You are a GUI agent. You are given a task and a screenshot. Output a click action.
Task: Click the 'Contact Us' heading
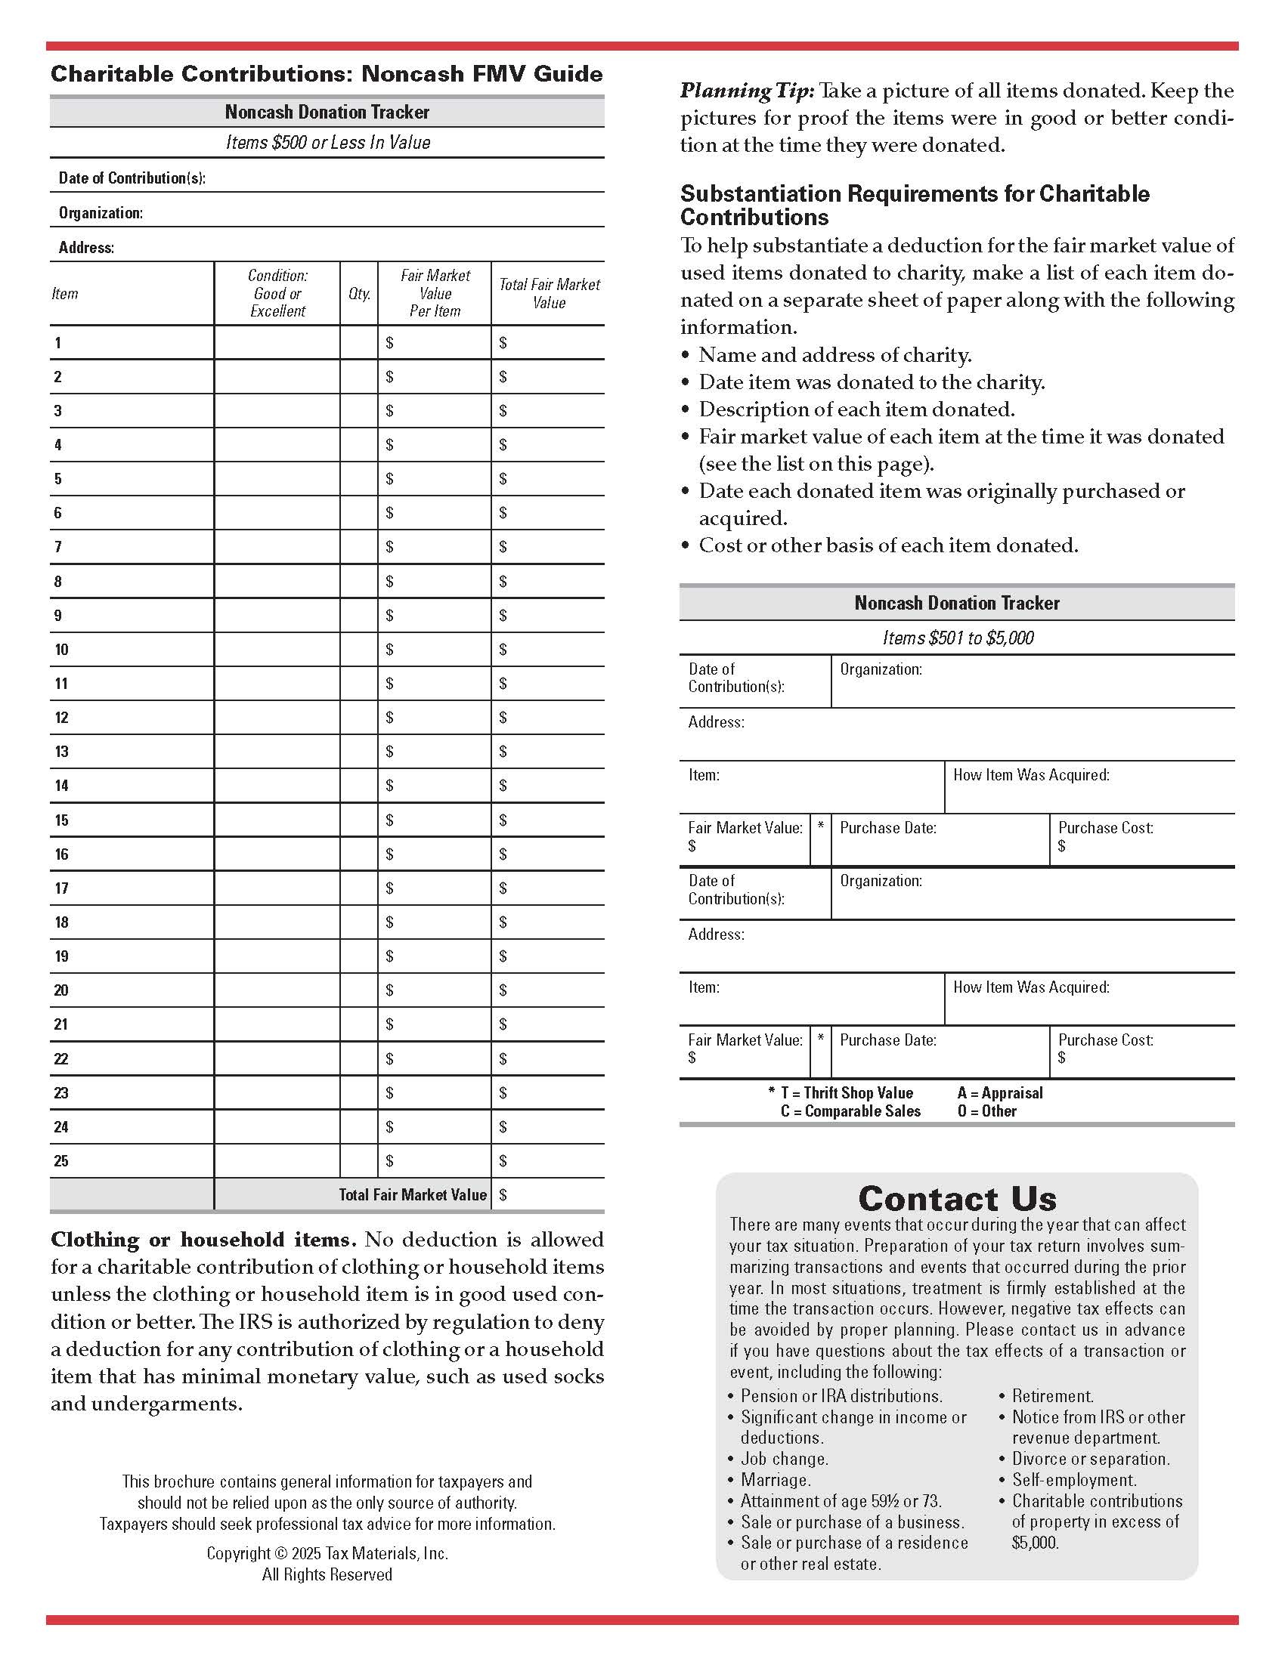click(957, 1199)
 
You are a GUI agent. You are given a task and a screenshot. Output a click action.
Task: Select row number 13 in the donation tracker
click(62, 752)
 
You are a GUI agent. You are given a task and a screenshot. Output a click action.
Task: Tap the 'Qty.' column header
click(359, 294)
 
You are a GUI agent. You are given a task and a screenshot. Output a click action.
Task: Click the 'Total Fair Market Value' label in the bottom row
click(412, 1195)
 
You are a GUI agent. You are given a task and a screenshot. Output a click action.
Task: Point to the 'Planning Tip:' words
click(747, 91)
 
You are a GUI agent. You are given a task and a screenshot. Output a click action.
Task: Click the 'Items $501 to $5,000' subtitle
click(958, 638)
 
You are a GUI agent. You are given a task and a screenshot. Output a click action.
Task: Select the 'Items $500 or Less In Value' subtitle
click(328, 143)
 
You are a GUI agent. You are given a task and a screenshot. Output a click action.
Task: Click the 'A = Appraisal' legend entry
click(999, 1093)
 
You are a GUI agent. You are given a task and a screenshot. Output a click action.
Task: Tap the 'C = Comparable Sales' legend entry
click(850, 1111)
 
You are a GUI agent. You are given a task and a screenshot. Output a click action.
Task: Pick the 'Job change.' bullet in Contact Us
click(784, 1459)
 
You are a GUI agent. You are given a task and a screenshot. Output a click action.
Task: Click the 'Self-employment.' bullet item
click(1073, 1480)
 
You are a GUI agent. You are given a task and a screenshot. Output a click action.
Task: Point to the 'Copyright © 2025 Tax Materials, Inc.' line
click(327, 1553)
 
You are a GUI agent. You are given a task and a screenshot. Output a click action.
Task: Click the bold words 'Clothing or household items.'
click(203, 1240)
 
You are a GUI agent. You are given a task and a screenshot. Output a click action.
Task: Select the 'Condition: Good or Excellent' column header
click(278, 294)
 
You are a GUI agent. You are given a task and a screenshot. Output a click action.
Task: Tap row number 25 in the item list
click(62, 1161)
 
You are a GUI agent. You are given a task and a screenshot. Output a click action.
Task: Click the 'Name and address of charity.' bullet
click(834, 355)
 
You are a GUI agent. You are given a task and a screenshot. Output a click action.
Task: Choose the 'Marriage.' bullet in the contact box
click(776, 1480)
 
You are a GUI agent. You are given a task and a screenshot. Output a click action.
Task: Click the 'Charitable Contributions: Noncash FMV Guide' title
click(327, 74)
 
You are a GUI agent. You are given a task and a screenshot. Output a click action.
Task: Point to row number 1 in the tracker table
click(58, 343)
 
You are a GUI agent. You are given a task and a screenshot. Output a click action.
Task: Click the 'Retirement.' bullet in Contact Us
click(1052, 1396)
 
